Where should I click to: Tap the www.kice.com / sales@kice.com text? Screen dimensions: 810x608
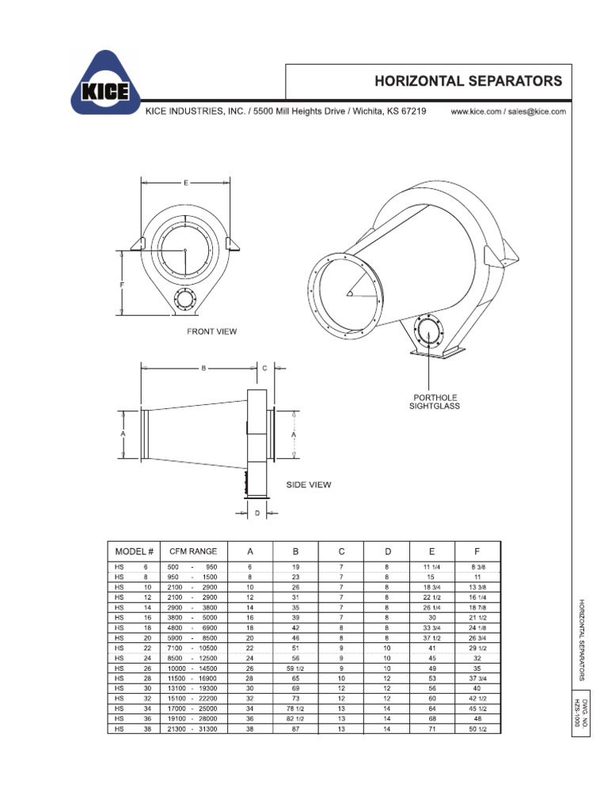508,112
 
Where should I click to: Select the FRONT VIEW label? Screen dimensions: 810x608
211,331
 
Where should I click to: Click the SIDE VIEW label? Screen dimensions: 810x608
308,484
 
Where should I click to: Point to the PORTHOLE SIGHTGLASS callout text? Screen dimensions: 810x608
435,401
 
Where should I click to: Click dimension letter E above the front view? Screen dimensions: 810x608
185,183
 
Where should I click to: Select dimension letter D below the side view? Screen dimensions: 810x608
257,513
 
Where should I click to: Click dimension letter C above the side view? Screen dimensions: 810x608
264,368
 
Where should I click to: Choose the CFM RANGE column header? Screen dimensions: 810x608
193,551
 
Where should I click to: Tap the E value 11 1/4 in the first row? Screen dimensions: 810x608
431,567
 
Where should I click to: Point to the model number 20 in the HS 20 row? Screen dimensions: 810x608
145,638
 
